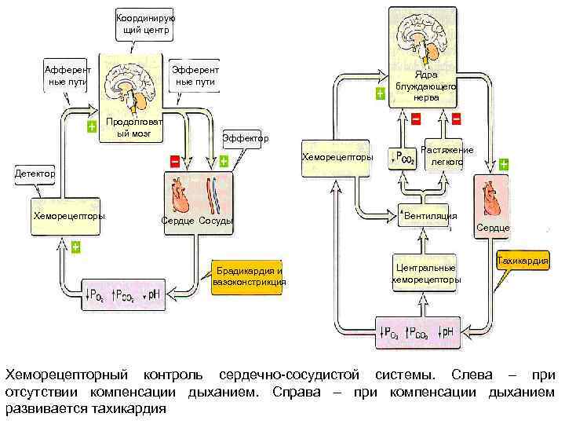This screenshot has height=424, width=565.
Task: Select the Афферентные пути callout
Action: coord(67,75)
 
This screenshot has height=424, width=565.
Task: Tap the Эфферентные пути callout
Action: coord(195,75)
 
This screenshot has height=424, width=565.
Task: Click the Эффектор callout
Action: coord(245,138)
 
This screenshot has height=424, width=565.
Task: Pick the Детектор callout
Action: coord(33,172)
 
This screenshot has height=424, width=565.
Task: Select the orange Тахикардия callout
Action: coord(523,261)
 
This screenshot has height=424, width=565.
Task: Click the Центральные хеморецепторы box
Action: coord(426,274)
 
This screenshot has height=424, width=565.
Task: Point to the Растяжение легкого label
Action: coord(447,155)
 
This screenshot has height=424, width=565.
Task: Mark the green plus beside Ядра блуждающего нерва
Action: coord(381,93)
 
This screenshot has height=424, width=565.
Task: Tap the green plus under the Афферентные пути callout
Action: coord(92,127)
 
